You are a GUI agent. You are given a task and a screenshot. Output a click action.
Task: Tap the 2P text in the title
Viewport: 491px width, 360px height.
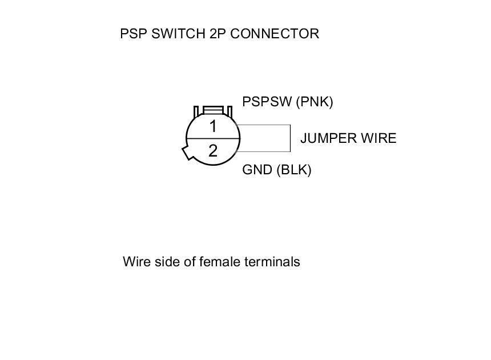(x=214, y=34)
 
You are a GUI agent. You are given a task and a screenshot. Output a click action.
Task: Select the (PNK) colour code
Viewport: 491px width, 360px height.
(x=315, y=102)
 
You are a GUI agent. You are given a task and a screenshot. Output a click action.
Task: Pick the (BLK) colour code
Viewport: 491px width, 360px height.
(x=294, y=170)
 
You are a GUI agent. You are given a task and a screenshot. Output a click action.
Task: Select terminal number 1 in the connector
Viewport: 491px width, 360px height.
(x=213, y=126)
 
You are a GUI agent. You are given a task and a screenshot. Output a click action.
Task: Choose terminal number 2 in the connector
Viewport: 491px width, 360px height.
(x=213, y=151)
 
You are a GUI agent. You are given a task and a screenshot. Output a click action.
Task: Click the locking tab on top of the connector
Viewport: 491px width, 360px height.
(x=213, y=110)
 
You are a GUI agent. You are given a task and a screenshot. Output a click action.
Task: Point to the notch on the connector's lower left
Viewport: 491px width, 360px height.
(x=187, y=154)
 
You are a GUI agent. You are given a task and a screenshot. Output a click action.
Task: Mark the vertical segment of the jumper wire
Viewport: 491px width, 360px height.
(x=291, y=138)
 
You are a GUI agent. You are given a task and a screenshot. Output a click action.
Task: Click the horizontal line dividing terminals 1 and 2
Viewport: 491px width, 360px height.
(x=213, y=139)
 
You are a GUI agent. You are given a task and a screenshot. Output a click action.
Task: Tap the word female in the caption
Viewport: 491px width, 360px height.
(x=220, y=262)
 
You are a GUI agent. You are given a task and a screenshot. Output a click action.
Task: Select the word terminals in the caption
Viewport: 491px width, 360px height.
(x=272, y=262)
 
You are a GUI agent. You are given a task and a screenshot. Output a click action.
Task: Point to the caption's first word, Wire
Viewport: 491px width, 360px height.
(x=135, y=262)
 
